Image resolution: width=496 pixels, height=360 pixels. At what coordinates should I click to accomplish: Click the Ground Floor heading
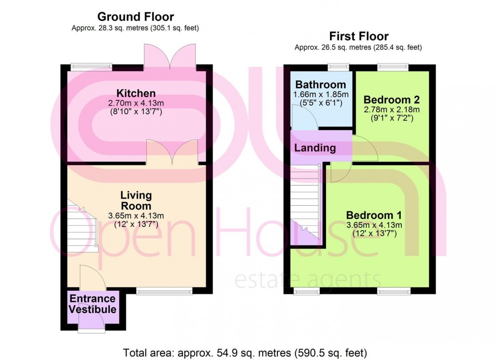coord(135,17)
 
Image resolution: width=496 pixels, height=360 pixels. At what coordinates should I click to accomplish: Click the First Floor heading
coord(358,36)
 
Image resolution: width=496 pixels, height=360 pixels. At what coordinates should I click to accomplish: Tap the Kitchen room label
coord(136,94)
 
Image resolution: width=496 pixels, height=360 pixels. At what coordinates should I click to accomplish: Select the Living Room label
coord(136,200)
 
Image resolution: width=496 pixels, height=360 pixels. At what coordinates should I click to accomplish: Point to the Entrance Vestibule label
coord(93,303)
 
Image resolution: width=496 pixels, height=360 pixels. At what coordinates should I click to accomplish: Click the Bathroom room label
coord(321,84)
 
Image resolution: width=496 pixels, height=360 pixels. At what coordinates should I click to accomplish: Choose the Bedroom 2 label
coord(391,99)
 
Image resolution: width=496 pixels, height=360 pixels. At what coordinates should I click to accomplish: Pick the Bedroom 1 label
coord(374,215)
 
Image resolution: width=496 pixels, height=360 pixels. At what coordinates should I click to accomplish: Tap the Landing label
coord(315,148)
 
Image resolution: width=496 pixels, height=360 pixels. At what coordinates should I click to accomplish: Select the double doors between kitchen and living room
coord(172,153)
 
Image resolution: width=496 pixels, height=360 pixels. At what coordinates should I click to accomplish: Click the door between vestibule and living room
coord(92,278)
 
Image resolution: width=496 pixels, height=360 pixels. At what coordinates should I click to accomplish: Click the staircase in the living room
coord(81,225)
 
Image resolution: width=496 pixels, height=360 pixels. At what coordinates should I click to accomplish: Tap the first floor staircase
coord(305,202)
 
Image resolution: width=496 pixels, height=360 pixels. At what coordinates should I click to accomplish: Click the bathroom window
coord(338,66)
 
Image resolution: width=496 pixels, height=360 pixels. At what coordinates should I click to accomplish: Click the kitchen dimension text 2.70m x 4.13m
coord(135,103)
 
